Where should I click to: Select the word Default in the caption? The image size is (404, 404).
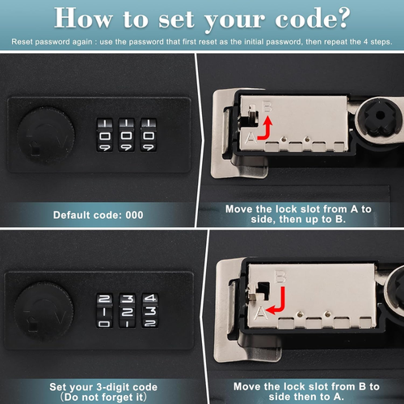coord(76,217)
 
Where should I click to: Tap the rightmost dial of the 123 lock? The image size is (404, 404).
coord(149,312)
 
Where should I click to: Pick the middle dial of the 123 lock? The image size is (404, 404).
coord(128,312)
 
